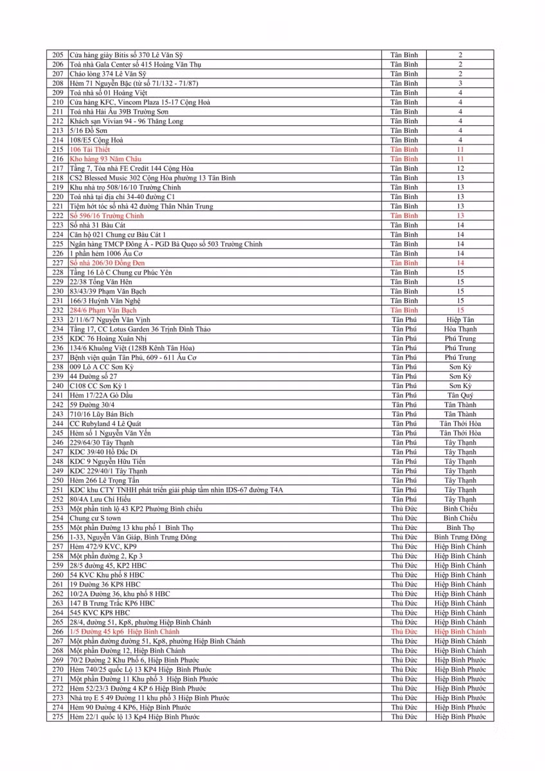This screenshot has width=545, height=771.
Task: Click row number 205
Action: point(58,55)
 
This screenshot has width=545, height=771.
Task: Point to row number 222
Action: point(58,216)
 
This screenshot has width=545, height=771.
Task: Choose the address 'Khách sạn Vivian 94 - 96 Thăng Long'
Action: point(126,121)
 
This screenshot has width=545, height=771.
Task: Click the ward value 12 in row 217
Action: point(460,168)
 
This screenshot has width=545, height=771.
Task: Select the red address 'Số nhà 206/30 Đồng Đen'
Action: point(107,263)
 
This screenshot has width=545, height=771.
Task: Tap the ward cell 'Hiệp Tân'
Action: point(460,319)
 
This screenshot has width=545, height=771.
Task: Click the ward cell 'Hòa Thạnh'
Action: point(460,329)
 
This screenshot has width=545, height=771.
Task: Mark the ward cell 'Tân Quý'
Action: point(460,395)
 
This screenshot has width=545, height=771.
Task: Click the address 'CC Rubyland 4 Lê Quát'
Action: point(105,423)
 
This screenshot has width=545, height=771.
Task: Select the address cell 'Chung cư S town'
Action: point(95,518)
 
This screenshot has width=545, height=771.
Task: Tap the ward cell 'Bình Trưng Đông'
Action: point(460,537)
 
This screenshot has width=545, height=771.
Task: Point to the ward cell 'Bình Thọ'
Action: point(460,527)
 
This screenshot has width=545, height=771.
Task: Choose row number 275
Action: point(58,716)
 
